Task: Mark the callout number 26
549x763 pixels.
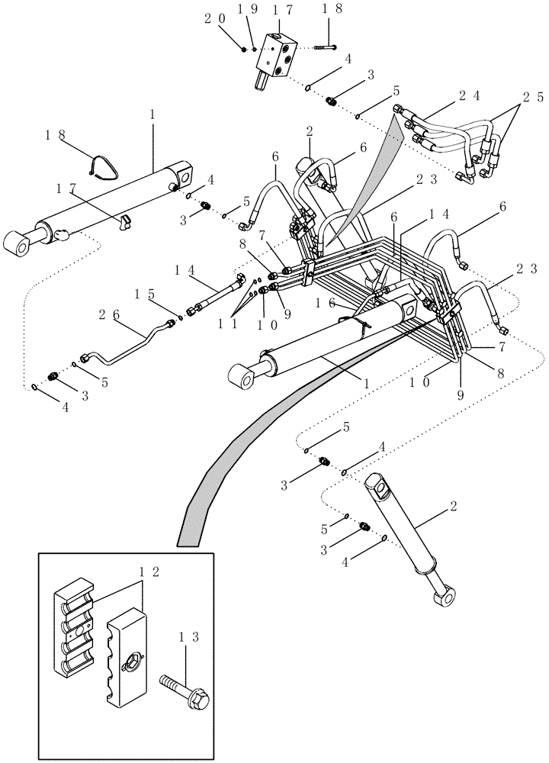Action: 108,314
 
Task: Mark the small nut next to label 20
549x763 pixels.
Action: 243,49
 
